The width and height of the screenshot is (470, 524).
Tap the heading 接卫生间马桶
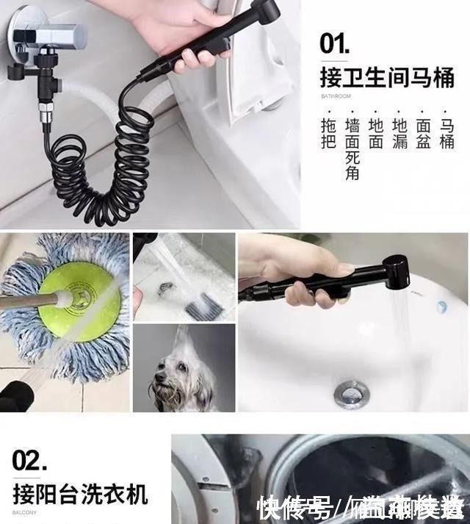pos(387,76)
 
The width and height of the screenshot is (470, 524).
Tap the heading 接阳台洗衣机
pos(80,493)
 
